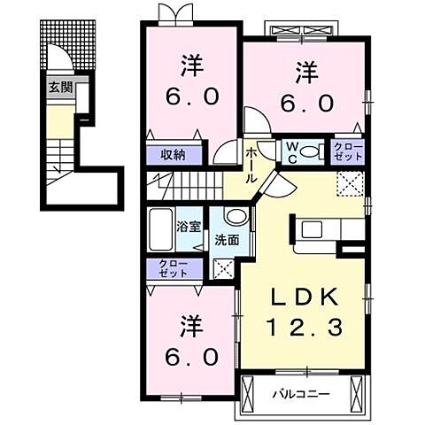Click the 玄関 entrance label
[x=60, y=88]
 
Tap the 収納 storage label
[x=174, y=155]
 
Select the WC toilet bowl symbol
[x=308, y=152]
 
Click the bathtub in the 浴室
[x=160, y=229]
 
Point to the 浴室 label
[x=189, y=227]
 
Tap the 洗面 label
[x=227, y=241]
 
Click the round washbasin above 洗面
[x=236, y=215]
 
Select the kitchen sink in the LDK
[x=311, y=229]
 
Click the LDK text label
[x=305, y=297]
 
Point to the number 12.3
[x=305, y=327]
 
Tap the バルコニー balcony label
[x=300, y=394]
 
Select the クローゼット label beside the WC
[x=348, y=152]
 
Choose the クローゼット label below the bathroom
[x=174, y=268]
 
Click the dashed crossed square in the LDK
[x=350, y=183]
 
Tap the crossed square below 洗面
[x=223, y=268]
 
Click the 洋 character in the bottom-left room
[x=192, y=327]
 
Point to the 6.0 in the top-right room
[x=307, y=104]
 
